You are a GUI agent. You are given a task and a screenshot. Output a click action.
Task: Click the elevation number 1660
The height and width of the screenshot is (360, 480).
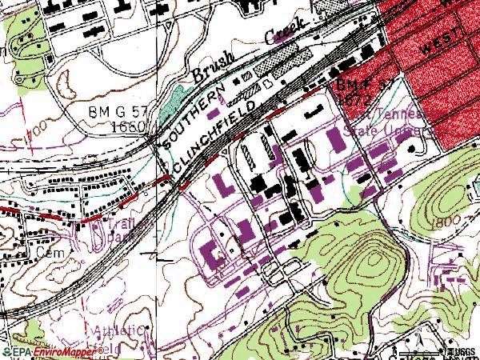click(x=128, y=127)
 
